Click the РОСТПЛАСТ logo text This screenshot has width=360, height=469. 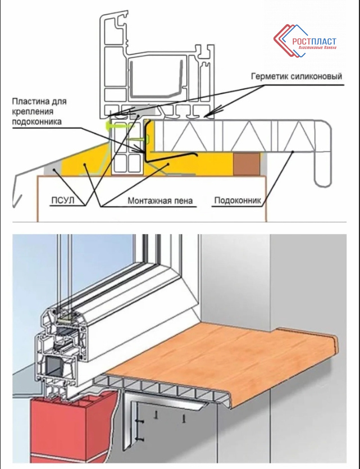coord(315,41)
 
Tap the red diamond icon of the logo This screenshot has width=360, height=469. coord(282,40)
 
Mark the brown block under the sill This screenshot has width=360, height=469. coord(245,162)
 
